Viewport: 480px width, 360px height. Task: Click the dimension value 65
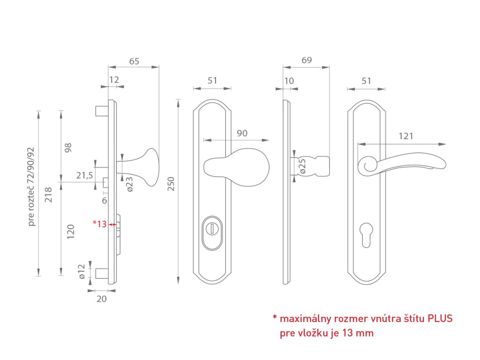tap(134, 61)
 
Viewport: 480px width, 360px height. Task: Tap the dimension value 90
tap(242, 133)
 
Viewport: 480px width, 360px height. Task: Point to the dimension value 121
tap(406, 136)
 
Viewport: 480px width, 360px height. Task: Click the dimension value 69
tap(307, 60)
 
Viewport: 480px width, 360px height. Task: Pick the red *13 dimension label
tap(100, 224)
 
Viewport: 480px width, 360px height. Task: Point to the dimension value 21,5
tap(85, 175)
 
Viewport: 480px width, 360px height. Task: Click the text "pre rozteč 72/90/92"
tap(31, 187)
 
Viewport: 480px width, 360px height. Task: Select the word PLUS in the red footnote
tap(440, 319)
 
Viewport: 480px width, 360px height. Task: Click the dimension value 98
tap(68, 148)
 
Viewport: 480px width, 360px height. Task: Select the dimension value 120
tap(71, 232)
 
